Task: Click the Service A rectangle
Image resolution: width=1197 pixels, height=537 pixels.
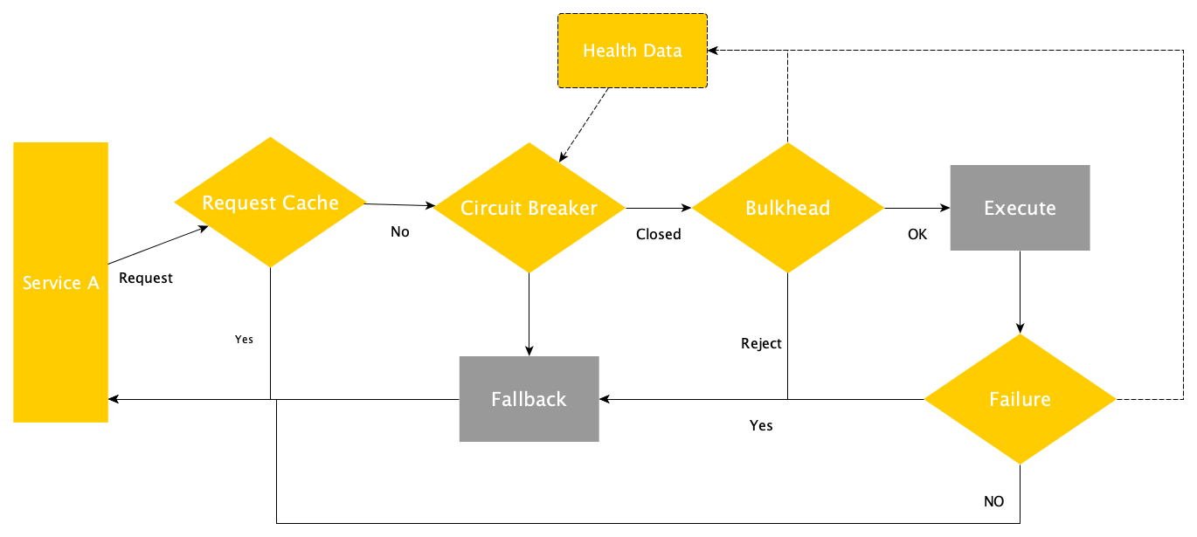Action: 60,282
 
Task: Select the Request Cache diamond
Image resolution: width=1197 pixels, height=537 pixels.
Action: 270,203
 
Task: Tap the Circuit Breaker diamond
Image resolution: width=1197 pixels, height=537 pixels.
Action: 529,208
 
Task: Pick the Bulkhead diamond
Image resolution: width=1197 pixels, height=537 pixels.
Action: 787,208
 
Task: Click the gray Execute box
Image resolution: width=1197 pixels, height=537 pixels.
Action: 1020,208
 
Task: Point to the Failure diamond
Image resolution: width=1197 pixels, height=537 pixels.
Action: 1020,399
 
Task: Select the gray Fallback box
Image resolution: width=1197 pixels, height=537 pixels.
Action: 529,399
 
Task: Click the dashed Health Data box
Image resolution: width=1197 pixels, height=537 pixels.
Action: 633,51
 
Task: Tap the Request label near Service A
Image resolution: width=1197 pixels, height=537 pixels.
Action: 146,279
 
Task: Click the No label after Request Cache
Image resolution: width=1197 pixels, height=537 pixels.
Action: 399,232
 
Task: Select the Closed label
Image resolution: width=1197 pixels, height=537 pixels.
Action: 658,234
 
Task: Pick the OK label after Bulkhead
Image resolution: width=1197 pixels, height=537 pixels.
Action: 917,234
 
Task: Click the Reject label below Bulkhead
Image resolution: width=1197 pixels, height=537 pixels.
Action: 761,343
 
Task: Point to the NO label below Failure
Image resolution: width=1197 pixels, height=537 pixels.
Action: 993,501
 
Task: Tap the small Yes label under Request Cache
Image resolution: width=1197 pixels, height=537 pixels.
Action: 244,339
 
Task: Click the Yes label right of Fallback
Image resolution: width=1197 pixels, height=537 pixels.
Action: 761,425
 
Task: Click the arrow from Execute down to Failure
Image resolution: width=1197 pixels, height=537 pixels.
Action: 1020,292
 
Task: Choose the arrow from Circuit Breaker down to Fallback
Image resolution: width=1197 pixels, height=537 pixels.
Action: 529,314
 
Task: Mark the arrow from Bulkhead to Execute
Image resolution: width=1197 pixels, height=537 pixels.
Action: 917,208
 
